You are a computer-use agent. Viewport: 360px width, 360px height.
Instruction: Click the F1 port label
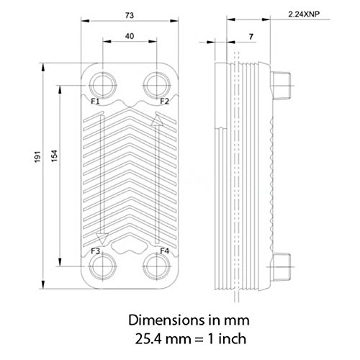click(96, 101)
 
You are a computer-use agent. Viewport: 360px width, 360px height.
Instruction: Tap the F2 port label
click(164, 101)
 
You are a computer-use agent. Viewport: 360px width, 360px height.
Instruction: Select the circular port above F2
click(156, 82)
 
